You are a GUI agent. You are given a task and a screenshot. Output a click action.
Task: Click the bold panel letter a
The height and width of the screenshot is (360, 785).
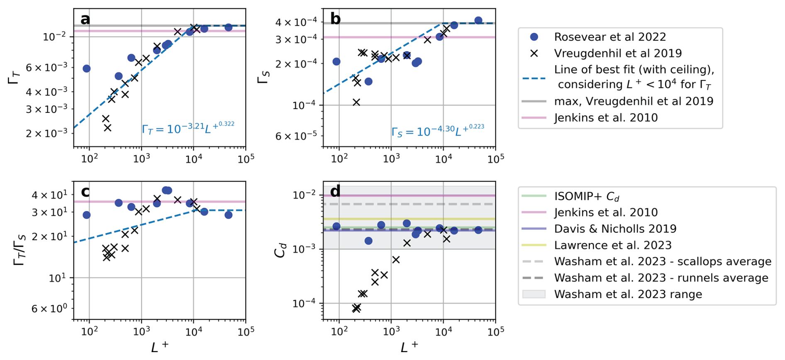pos(85,19)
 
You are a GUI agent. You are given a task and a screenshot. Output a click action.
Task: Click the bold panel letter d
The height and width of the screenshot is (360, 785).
pos(335,191)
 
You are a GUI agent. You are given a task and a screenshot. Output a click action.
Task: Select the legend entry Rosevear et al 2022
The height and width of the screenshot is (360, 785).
pos(610,37)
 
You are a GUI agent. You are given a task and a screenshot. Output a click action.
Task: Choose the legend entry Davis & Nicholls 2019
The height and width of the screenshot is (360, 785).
pos(615,229)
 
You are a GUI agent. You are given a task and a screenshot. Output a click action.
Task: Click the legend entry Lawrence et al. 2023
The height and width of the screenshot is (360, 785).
pos(612,245)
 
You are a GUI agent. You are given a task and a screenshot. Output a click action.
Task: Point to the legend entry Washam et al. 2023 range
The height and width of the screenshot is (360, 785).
pos(628,294)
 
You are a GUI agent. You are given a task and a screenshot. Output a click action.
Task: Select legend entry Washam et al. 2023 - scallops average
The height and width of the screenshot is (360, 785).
pos(663,262)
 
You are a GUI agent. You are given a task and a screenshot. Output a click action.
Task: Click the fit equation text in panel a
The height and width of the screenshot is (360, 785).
pos(188,128)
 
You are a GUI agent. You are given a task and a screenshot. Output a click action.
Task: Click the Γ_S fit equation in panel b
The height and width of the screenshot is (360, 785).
pos(437,131)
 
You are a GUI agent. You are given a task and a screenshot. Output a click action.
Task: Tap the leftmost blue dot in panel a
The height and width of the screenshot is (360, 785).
pos(86,68)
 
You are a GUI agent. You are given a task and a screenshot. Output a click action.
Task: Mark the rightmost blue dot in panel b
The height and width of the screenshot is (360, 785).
pos(478,20)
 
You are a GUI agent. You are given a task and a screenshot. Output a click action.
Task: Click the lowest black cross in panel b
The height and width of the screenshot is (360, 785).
pos(356,102)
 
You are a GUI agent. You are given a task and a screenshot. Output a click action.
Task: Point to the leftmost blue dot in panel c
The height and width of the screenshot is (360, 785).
pos(86,215)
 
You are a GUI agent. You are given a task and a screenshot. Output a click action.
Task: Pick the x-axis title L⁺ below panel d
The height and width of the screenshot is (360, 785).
pos(409,347)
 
